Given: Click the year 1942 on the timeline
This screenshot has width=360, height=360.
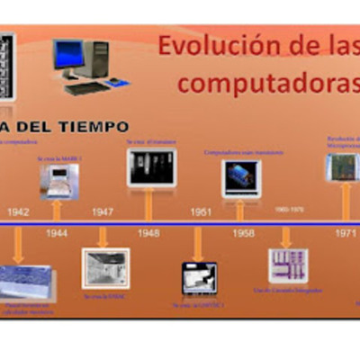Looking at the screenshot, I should coord(19,211).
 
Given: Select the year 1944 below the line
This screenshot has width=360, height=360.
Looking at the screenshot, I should coord(57,232).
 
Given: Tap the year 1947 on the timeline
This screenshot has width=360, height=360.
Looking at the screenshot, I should coord(103,211).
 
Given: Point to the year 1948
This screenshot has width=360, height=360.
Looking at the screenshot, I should coord(148,232).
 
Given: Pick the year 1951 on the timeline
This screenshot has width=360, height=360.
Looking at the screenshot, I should coord(201,211).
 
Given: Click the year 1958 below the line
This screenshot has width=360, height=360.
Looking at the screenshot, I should coord(243,232).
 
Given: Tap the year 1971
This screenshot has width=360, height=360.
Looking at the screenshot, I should coord(346,232).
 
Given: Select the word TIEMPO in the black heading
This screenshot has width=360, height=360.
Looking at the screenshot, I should coord(90,126).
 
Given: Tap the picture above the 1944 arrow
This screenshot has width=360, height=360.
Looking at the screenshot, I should coord(58,180).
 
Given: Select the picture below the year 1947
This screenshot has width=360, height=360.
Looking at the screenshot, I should coord(105,268).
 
